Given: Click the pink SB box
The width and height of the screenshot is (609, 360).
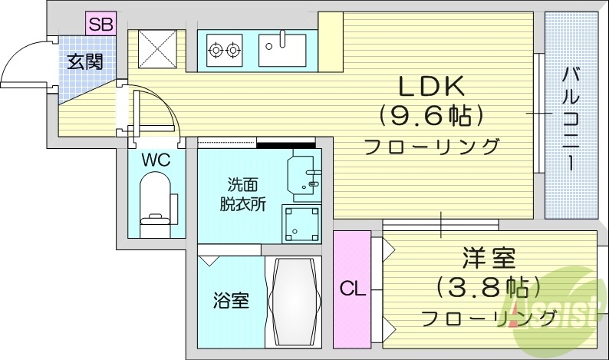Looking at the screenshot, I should (x=100, y=24).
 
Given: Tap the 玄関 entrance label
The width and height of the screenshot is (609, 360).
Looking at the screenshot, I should (x=84, y=61).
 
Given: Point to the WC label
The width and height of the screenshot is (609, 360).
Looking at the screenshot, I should (x=156, y=161).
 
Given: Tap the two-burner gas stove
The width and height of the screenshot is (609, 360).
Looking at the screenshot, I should (x=224, y=51).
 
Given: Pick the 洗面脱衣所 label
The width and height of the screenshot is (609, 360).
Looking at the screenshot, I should (x=244, y=195).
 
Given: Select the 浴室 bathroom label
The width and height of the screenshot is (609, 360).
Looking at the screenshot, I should (x=230, y=300).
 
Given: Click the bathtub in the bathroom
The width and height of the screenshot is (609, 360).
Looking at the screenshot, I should (x=292, y=300).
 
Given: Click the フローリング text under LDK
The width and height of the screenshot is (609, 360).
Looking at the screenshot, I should (x=432, y=147).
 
